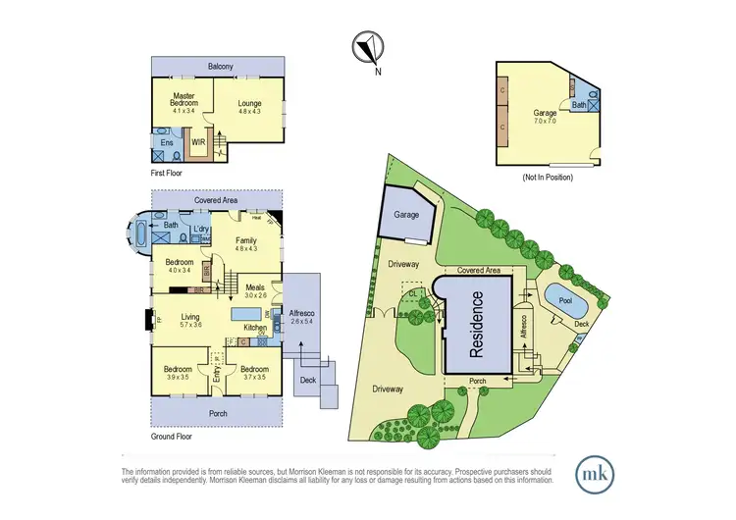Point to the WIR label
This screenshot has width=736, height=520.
point(196,141)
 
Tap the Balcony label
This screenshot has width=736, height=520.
point(220,67)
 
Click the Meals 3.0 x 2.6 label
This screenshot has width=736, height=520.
point(255,289)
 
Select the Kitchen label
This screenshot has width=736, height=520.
point(255,327)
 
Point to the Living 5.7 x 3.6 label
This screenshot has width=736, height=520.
point(184,321)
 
